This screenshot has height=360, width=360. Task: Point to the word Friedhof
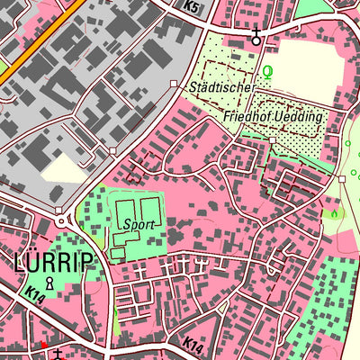[x=247, y=118]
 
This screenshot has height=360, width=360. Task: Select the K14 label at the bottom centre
[x=192, y=343]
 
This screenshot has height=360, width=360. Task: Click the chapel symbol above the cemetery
[x=256, y=35]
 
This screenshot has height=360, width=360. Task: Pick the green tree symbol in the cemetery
[x=266, y=71]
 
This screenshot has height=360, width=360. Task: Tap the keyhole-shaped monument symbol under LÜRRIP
[x=50, y=283]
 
